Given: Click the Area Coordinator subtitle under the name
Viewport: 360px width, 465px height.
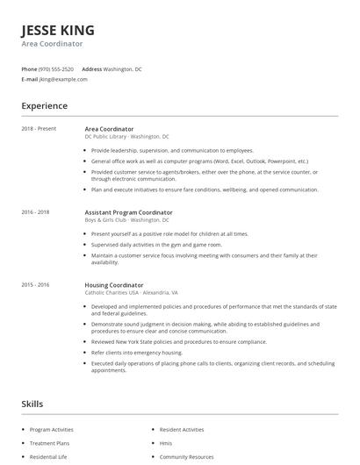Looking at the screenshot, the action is point(52,43).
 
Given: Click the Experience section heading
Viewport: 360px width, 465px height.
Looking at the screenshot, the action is point(44,106).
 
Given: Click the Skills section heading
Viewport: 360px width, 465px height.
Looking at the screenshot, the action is point(32,404).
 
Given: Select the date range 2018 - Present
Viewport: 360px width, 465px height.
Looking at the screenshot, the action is point(39,129).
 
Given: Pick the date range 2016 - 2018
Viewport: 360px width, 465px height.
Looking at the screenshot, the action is point(36,212).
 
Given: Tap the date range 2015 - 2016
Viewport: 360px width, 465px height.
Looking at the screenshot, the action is point(36,285).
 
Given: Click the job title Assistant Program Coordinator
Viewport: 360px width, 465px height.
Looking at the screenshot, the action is point(128,212).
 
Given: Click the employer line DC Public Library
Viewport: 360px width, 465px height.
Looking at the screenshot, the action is point(126,137).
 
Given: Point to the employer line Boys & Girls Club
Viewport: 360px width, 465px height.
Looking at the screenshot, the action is point(126,220).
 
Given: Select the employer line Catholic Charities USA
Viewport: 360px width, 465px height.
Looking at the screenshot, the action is point(131,293).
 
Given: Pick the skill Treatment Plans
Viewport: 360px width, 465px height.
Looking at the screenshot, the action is point(49,443).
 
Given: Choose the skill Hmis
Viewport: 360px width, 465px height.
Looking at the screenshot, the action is point(166,443).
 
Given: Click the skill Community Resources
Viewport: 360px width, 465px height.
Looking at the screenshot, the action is point(187,457).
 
